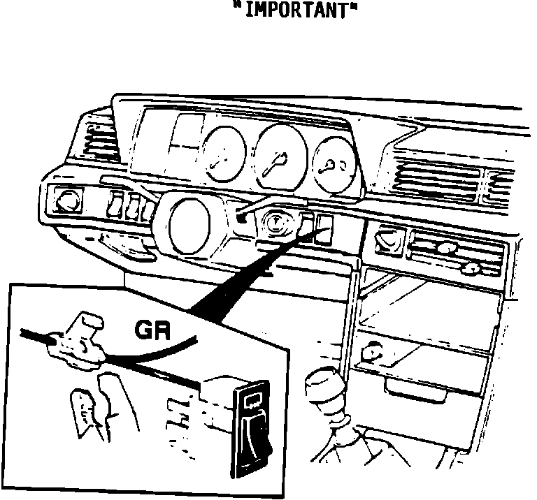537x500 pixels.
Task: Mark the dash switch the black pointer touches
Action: (324, 229)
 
